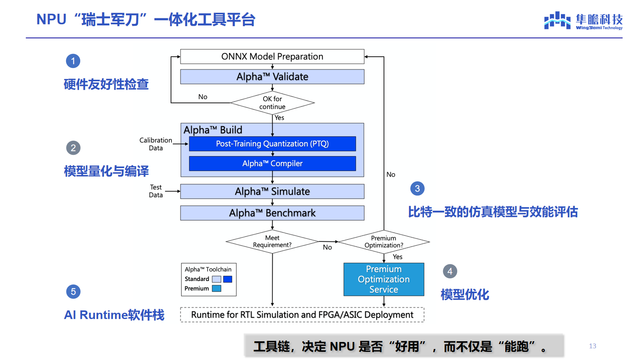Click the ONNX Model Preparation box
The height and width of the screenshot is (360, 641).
tap(272, 57)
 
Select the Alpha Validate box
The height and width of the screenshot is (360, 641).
tap(272, 77)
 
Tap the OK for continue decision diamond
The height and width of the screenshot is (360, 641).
tap(272, 103)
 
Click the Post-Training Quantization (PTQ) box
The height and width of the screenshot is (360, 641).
tap(272, 143)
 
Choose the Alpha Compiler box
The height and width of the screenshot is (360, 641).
tap(272, 163)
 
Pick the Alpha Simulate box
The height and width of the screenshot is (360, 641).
tap(272, 191)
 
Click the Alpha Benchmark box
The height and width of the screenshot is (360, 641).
tap(272, 213)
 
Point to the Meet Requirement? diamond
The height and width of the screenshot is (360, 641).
tap(272, 242)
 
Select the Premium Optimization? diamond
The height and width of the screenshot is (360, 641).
tap(384, 242)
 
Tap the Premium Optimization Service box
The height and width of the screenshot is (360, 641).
tap(384, 279)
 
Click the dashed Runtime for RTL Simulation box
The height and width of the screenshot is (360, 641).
tap(302, 315)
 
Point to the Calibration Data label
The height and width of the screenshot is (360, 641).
tap(156, 144)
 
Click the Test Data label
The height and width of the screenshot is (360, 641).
tap(156, 191)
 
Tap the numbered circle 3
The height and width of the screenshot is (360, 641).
tap(417, 189)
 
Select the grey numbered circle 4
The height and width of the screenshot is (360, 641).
tap(450, 271)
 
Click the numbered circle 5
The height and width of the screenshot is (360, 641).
tap(73, 292)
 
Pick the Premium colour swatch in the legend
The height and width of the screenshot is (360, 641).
tap(217, 288)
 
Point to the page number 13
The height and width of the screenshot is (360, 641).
tap(593, 346)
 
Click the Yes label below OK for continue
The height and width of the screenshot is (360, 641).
tap(279, 118)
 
